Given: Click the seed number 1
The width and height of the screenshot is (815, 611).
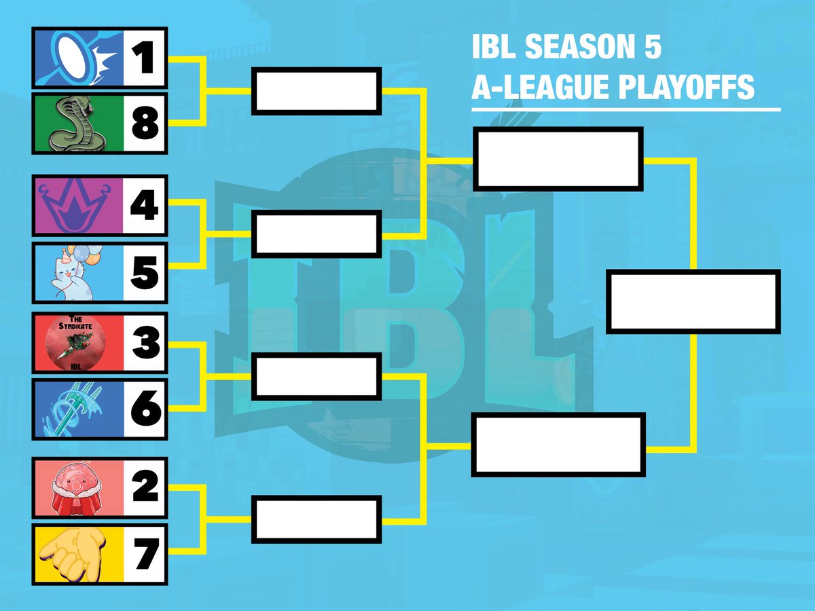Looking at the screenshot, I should pos(144,58).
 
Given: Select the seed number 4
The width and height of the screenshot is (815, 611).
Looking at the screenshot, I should pos(144,206).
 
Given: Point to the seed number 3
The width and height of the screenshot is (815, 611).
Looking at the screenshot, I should pos(144,343).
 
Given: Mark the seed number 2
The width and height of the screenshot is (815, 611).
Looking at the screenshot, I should pos(144,487).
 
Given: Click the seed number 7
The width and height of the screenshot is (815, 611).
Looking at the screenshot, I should pos(144,553).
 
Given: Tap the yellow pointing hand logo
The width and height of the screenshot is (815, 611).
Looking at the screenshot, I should pos(76,553).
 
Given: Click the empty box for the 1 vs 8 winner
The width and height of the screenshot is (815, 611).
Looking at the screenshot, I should pos(316,91).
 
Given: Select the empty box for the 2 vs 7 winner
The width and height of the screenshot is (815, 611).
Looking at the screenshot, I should pos(316,519).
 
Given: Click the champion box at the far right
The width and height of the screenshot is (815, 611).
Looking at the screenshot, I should pos(693,301).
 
